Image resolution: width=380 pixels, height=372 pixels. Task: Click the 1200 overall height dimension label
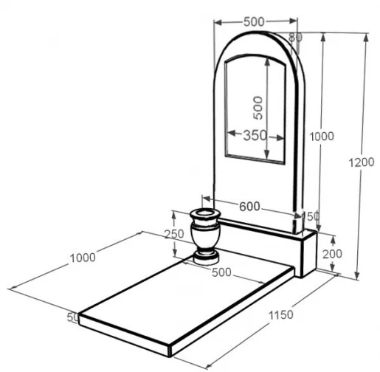pos(362,162)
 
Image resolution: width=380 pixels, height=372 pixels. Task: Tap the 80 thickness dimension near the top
pos(295,37)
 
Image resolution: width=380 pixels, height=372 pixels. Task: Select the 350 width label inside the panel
pos(255,135)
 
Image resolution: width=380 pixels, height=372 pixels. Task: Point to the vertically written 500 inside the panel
pos(258,108)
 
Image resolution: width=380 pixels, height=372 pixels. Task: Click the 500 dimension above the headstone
pos(254,22)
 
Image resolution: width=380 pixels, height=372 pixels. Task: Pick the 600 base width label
pos(249,207)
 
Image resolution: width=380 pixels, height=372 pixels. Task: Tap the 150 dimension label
pos(311,216)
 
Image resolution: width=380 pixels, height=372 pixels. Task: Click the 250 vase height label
pos(174,234)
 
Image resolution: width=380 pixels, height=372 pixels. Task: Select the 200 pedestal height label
pos(332,254)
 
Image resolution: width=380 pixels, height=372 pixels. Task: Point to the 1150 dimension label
pos(281,315)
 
